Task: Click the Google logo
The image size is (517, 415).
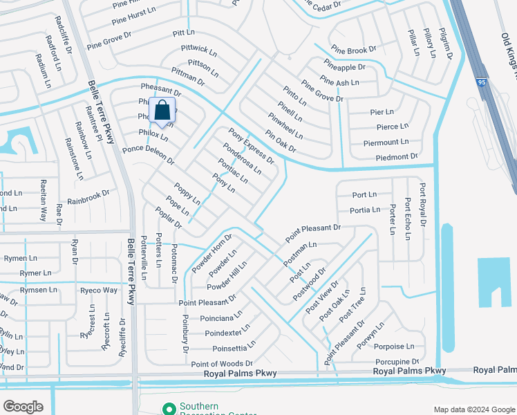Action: (x=23, y=406)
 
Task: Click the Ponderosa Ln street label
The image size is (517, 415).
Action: (x=242, y=158)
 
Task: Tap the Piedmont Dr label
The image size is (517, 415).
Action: (x=391, y=157)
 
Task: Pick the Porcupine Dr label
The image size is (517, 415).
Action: (x=397, y=361)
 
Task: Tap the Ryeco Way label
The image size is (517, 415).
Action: (x=98, y=290)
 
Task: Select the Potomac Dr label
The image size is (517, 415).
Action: (x=174, y=264)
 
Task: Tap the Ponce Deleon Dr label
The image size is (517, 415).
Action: (x=148, y=155)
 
